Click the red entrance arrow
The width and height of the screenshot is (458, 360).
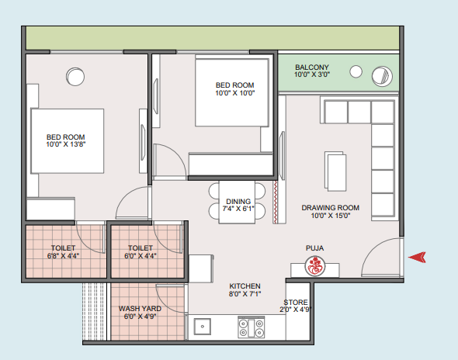(x=417, y=258)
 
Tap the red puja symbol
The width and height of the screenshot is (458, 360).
(x=315, y=265)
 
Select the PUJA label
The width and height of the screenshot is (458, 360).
(x=314, y=248)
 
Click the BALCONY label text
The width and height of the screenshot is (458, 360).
(x=311, y=67)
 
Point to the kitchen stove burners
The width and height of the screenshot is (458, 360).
(x=252, y=327)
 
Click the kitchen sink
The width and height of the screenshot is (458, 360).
(x=202, y=327)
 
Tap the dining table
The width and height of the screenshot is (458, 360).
(x=237, y=202)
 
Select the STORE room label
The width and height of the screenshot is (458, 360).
(x=296, y=302)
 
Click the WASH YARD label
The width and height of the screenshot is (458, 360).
(x=140, y=309)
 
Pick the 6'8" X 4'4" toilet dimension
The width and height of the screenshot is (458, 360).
(x=63, y=256)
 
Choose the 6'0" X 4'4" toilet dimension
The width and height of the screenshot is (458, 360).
(x=141, y=256)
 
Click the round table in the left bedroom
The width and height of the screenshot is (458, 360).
(x=75, y=77)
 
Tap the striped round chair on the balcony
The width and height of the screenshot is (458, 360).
(x=382, y=76)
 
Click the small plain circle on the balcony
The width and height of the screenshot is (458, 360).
(x=356, y=71)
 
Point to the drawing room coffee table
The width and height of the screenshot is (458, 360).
(x=335, y=171)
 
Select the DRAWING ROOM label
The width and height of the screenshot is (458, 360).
(x=331, y=208)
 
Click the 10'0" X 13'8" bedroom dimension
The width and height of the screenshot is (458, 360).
(x=66, y=144)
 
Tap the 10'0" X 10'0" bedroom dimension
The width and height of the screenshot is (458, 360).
(x=235, y=93)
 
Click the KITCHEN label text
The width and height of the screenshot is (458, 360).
(x=245, y=286)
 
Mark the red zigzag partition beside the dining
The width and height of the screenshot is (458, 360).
(x=275, y=202)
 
